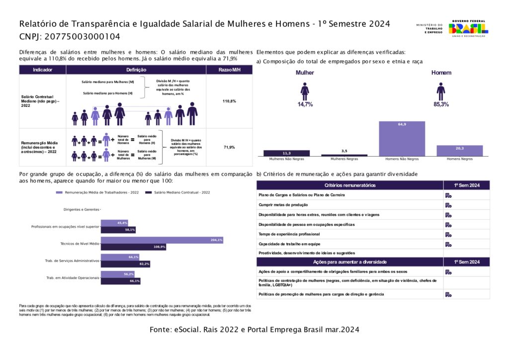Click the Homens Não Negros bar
click(402, 139)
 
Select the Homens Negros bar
click(459, 151)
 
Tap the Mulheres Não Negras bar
click(286, 153)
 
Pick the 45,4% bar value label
click(122, 223)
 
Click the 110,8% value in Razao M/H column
click(229, 101)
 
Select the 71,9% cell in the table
click(229, 147)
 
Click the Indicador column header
click(42, 70)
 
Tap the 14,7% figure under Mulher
click(305, 104)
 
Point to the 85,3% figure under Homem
click(440, 104)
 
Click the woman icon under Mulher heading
click(305, 91)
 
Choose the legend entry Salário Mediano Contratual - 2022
click(178, 192)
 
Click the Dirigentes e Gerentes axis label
click(82, 210)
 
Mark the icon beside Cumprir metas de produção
click(448, 205)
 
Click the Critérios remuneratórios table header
click(350, 185)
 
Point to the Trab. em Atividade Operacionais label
click(73, 277)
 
